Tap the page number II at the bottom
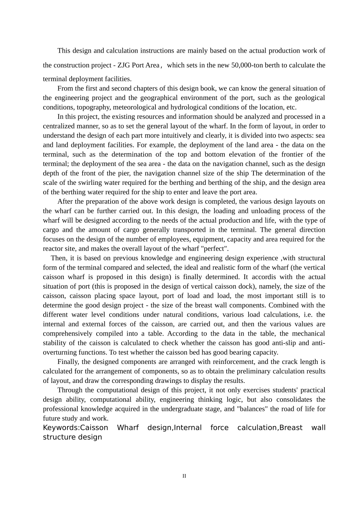(x=184, y=476)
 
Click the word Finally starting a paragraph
(x=68, y=362)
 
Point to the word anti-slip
(x=297, y=343)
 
